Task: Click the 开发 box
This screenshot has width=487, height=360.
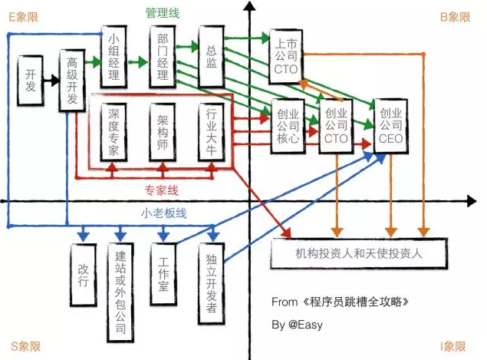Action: (x=30, y=81)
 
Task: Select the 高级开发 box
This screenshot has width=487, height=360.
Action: (x=72, y=80)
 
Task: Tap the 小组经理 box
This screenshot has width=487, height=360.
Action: (x=114, y=57)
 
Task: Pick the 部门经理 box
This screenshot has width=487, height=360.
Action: (x=163, y=57)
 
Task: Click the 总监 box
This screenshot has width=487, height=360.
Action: (x=211, y=57)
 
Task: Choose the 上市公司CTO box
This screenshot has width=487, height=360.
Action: (x=286, y=57)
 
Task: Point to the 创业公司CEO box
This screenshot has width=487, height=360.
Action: (x=390, y=126)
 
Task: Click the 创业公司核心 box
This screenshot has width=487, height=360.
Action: (x=288, y=126)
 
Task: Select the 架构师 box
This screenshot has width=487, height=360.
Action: (x=163, y=132)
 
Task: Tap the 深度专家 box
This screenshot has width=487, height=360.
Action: (x=114, y=132)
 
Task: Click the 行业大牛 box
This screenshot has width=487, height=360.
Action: (x=211, y=132)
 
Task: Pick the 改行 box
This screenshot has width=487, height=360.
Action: (x=84, y=275)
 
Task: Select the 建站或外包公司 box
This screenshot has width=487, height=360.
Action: (x=120, y=292)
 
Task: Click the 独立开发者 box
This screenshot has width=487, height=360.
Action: (x=211, y=283)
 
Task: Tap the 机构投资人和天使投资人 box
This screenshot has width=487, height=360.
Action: (x=359, y=253)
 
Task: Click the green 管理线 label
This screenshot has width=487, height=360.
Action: (x=163, y=13)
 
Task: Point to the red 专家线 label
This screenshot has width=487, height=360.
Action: (x=162, y=190)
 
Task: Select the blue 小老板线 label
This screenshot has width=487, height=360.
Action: (x=163, y=213)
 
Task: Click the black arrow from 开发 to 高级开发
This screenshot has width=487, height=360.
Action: (x=51, y=81)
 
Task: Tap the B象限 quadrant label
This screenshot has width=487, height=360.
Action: (x=456, y=17)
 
